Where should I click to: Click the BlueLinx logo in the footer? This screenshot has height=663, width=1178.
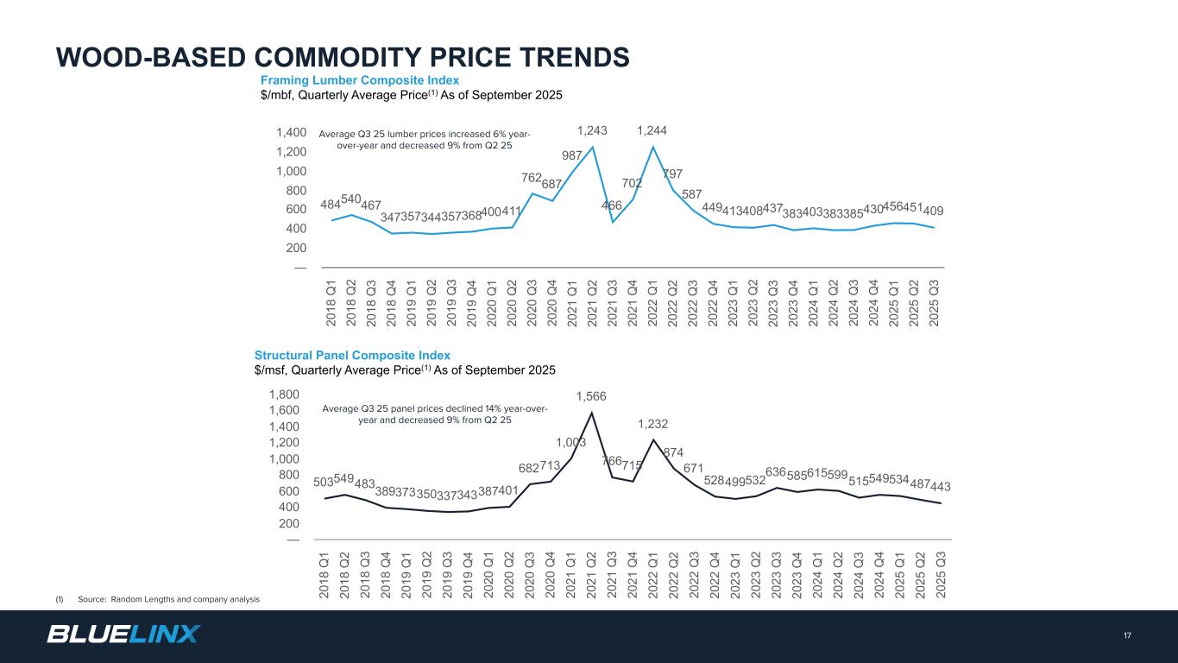pyautogui.click(x=123, y=635)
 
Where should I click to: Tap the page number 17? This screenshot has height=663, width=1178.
pyautogui.click(x=1127, y=636)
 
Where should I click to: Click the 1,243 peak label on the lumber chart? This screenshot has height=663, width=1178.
pyautogui.click(x=592, y=131)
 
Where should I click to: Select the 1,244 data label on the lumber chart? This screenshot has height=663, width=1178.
pyautogui.click(x=652, y=131)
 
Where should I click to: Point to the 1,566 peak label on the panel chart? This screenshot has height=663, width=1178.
pyautogui.click(x=591, y=396)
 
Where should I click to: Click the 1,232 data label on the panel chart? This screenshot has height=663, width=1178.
pyautogui.click(x=653, y=424)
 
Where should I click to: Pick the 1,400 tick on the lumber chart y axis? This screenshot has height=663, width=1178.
pyautogui.click(x=292, y=133)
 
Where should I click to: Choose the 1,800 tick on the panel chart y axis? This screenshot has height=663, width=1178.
pyautogui.click(x=285, y=395)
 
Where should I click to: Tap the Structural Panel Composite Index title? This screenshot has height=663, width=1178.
pyautogui.click(x=352, y=355)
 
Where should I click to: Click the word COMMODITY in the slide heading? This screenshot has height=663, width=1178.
pyautogui.click(x=370, y=57)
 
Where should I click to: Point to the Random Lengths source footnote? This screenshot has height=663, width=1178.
pyautogui.click(x=168, y=599)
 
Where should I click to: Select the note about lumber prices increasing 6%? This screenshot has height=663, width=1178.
pyautogui.click(x=424, y=140)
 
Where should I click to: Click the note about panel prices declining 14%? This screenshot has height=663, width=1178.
pyautogui.click(x=434, y=414)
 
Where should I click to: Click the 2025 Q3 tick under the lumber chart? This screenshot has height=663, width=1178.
pyautogui.click(x=934, y=300)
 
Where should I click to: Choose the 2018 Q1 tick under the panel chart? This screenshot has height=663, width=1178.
pyautogui.click(x=326, y=571)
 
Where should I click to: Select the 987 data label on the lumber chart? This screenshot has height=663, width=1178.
pyautogui.click(x=572, y=155)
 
